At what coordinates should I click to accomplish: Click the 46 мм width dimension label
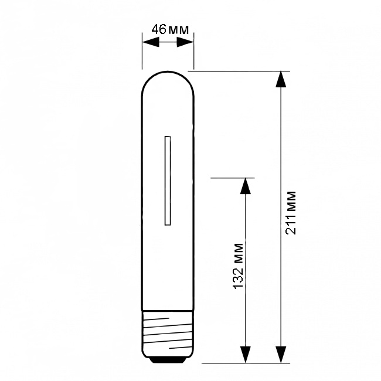pos(170,30)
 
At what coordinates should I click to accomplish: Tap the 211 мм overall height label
pos(291,213)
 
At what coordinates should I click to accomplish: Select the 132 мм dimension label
pos(238,266)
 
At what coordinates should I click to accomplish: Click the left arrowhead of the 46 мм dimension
pos(151,42)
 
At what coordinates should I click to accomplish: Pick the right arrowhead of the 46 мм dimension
pos(185,42)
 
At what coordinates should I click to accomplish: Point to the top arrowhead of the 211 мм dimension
pos(281,79)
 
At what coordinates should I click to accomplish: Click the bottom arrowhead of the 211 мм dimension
pos(281,355)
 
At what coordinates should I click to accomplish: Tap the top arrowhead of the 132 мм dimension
pos(245,186)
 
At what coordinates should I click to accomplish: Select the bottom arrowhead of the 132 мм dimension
pos(245,355)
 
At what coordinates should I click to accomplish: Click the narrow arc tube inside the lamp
pos(168,181)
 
